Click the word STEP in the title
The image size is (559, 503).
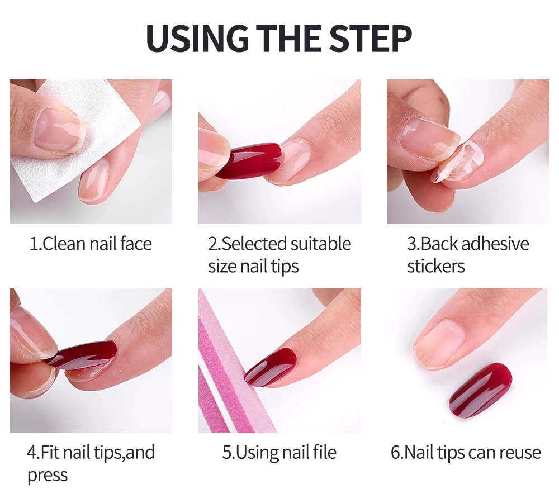(x=371, y=38)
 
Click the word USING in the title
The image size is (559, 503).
(x=197, y=38)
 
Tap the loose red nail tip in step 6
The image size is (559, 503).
(x=480, y=390)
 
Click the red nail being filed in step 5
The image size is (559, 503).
(x=271, y=367)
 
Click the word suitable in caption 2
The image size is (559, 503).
(x=320, y=244)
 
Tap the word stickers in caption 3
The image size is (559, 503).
(x=435, y=266)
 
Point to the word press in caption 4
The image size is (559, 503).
(x=48, y=476)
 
